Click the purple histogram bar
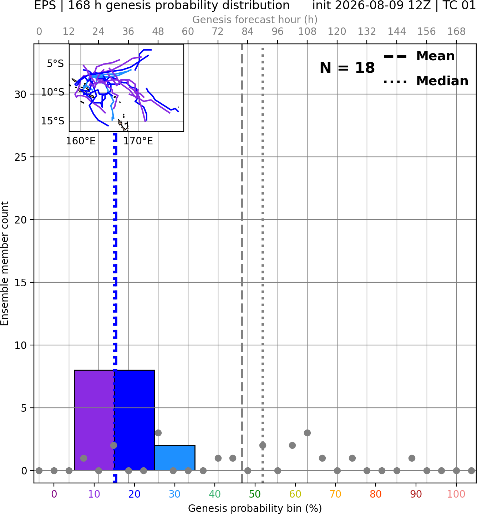click(94, 421)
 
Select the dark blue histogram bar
click(134, 421)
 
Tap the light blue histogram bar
click(174, 458)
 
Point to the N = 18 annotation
click(347, 68)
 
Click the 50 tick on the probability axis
click(255, 494)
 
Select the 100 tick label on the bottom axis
click(456, 494)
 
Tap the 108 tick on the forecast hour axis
click(307, 32)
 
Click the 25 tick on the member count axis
click(21, 157)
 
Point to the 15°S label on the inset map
click(52, 121)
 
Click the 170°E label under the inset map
click(138, 141)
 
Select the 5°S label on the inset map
click(55, 63)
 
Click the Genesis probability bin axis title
click(255, 508)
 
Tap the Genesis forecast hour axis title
click(255, 20)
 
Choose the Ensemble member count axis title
click(5, 263)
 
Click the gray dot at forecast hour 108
click(307, 433)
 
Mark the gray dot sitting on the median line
click(263, 446)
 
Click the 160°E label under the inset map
click(81, 141)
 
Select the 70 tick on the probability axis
click(335, 494)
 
